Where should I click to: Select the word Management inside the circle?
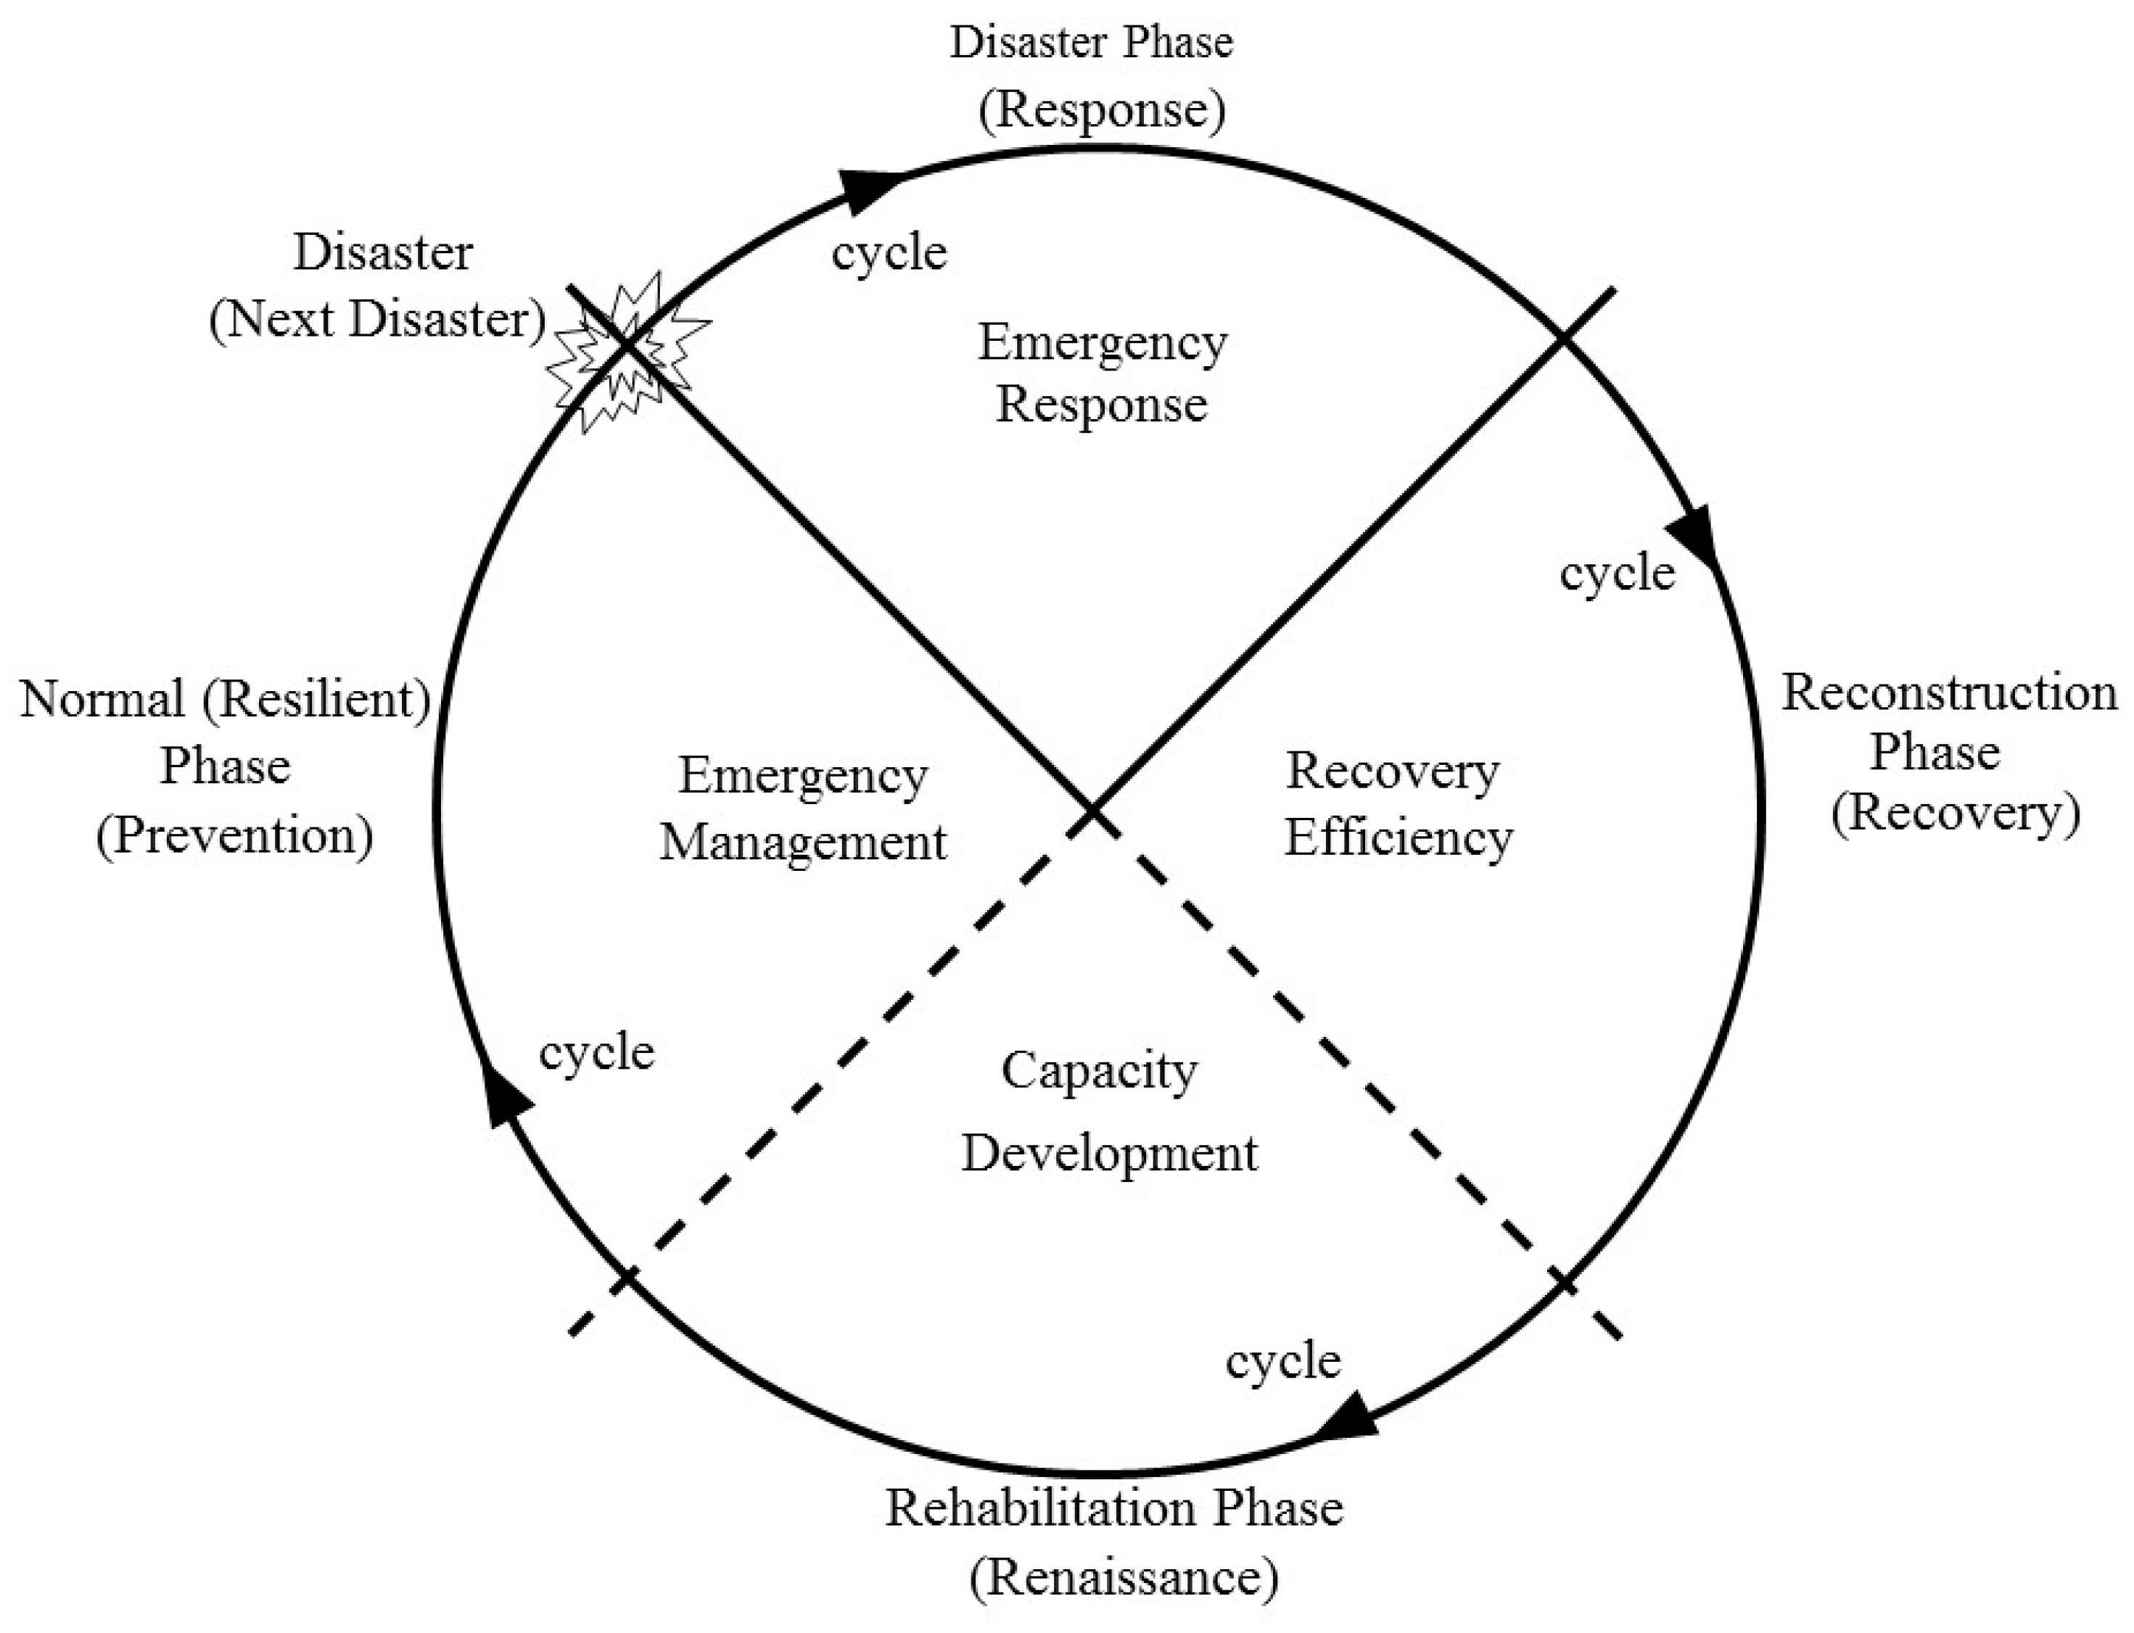(x=803, y=842)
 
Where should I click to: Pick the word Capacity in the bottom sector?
(x=1100, y=1071)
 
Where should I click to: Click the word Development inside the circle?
(x=1109, y=1154)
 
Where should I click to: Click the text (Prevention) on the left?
(x=234, y=835)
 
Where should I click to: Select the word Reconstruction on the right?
(x=1948, y=694)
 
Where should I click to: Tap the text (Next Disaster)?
(x=377, y=320)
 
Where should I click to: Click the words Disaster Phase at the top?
(x=1091, y=43)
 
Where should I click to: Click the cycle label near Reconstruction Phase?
(x=1617, y=573)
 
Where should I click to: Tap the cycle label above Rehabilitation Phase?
(x=1282, y=1361)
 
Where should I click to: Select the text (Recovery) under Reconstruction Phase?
(x=1955, y=813)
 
